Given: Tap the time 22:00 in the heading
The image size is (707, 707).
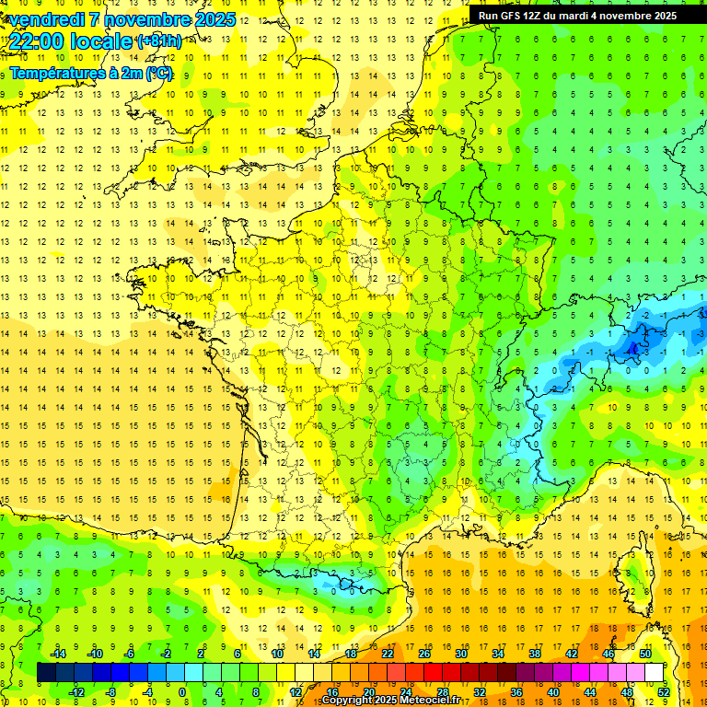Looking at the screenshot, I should coord(38,41).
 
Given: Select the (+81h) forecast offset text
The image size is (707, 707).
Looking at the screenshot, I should coord(158,41).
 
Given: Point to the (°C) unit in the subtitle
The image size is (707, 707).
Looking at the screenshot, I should coord(158,73).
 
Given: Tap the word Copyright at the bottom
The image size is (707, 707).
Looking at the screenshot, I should coord(345,701).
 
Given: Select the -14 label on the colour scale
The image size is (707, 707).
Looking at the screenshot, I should coord(57,653).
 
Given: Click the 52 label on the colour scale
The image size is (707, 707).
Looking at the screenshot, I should coord(663,691).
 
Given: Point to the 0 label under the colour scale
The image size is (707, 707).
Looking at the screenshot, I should coord(182,691).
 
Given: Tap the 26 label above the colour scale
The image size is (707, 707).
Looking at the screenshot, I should coord(423,653).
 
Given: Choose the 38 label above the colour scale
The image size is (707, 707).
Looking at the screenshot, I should coord(534,653).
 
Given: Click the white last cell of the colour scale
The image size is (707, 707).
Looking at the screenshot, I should coord(655,672).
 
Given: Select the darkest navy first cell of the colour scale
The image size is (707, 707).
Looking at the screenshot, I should coord(46,672).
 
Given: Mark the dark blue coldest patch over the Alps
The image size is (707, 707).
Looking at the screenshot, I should coord(633,348).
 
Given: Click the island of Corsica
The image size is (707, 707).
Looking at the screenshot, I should coord(634,571).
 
